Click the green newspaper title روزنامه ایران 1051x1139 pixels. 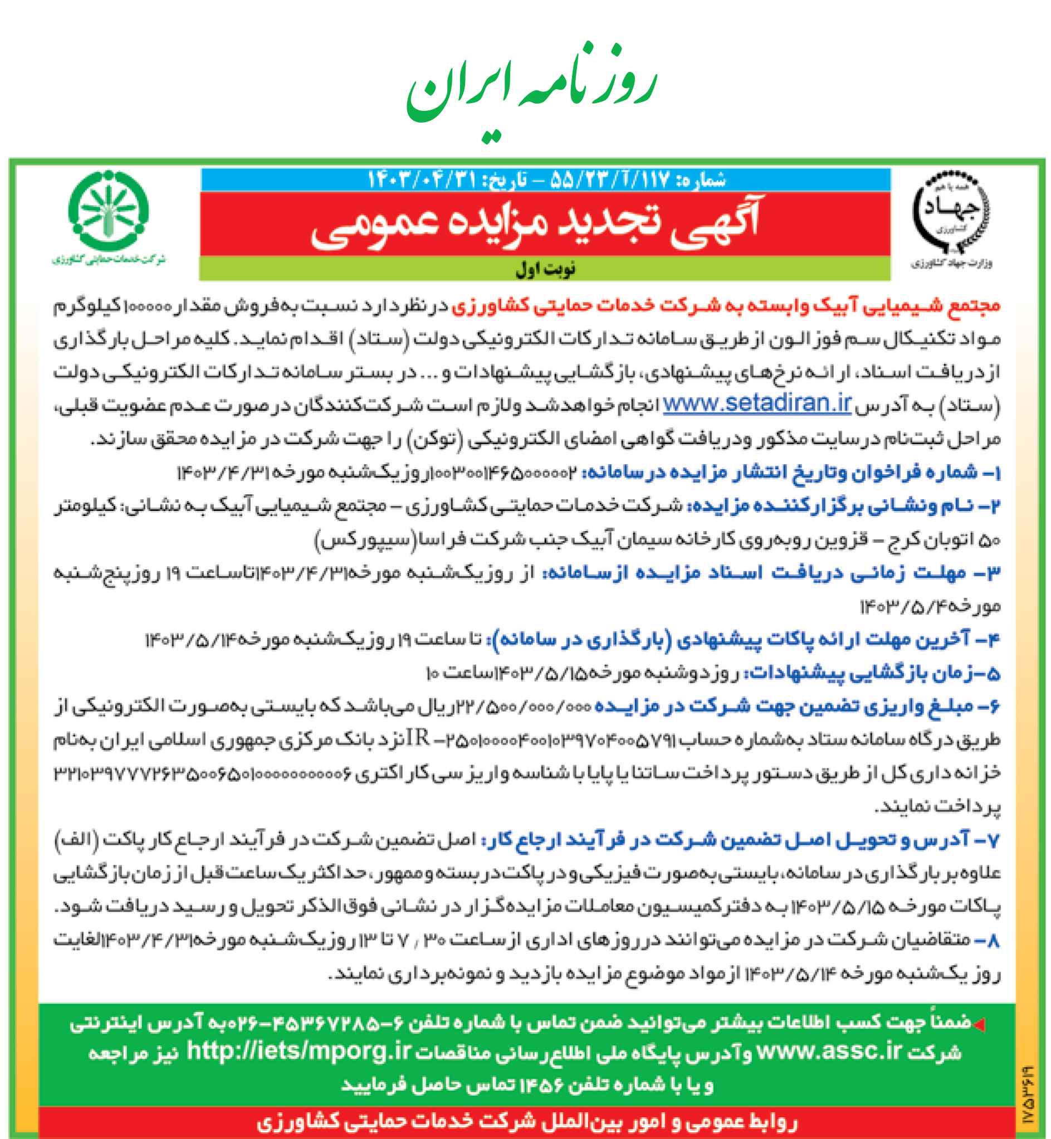point(531,85)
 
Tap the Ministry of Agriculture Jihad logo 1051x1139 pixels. point(951,216)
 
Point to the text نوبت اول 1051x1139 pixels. point(545,269)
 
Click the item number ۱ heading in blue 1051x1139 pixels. point(790,472)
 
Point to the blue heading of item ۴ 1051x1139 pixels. point(745,640)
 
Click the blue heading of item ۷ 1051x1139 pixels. point(739,840)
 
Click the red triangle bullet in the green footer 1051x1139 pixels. point(979,1024)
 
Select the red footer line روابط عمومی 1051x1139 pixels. point(526,1122)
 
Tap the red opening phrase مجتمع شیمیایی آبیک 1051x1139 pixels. point(725,306)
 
